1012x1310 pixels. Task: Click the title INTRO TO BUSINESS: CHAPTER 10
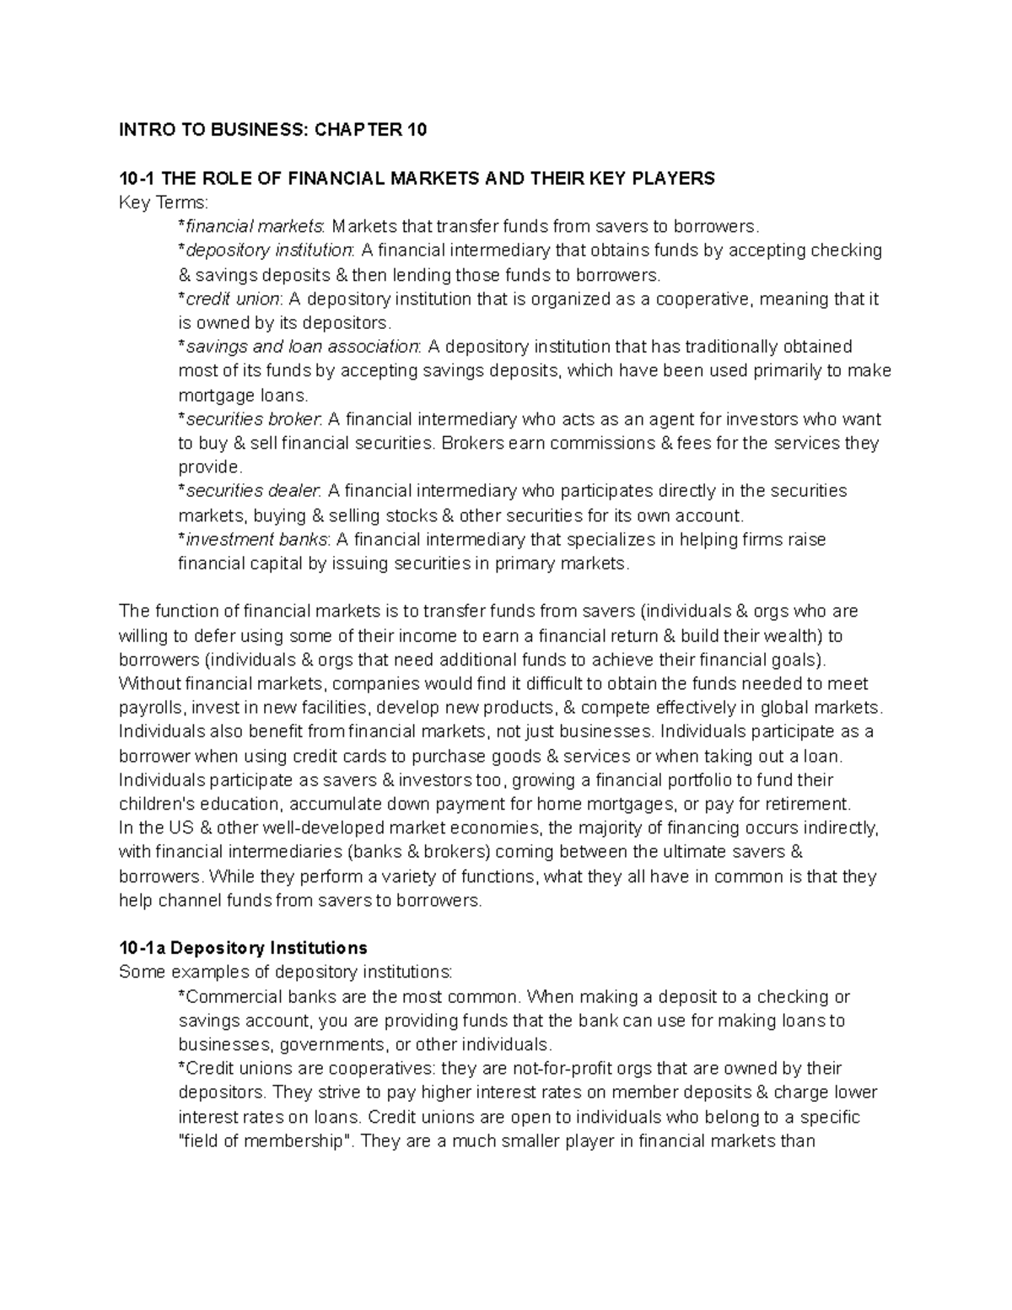[x=273, y=129]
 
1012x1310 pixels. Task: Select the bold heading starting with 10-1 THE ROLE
[x=417, y=178]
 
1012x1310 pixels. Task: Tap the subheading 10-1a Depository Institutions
[x=243, y=946]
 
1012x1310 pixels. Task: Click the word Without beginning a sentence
[x=149, y=683]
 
